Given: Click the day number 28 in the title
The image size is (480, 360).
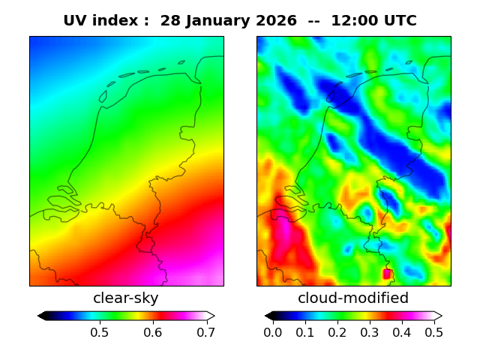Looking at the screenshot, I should [x=171, y=21].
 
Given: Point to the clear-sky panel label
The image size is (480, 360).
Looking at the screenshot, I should [x=126, y=298].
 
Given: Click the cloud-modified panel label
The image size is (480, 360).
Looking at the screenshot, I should [x=353, y=298].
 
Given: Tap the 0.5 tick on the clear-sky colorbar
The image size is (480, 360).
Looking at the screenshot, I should [x=99, y=331].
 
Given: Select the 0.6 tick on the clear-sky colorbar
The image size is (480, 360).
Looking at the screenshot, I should [x=153, y=331].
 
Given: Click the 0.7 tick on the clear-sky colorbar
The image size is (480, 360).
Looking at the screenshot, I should [x=206, y=331].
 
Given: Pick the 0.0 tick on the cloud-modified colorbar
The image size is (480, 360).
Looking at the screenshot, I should [x=273, y=331].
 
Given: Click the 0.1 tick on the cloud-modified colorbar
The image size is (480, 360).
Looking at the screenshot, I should [x=305, y=331].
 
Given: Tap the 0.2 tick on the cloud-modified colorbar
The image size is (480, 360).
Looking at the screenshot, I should [x=337, y=331].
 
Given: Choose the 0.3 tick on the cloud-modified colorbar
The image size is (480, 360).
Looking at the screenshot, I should [x=370, y=331].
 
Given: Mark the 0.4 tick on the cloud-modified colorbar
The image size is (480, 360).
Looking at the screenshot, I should [x=402, y=331].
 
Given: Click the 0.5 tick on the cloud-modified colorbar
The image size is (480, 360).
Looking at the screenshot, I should [x=433, y=331].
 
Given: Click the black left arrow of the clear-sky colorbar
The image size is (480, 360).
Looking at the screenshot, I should [x=42, y=316].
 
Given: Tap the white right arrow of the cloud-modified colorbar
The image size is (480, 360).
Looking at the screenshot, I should [x=438, y=316].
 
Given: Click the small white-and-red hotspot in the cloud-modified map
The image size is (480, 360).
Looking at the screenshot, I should [x=388, y=274].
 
